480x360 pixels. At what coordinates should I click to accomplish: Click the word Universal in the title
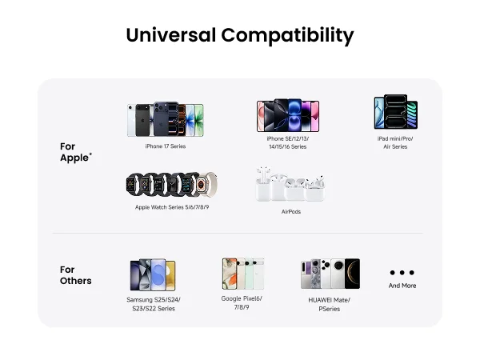click(171, 35)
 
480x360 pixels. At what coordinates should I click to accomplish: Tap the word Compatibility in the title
click(287, 36)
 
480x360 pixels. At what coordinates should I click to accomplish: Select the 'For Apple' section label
click(76, 152)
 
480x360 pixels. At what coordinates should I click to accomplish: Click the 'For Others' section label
click(76, 275)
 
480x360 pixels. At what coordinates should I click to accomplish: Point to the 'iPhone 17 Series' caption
click(166, 146)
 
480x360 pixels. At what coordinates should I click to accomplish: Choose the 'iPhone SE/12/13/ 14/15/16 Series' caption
click(288, 142)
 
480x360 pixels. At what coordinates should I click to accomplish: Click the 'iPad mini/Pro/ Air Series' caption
click(395, 142)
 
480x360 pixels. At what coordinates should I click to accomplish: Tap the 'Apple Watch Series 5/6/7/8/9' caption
click(172, 207)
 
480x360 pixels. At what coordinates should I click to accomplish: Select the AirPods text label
click(291, 211)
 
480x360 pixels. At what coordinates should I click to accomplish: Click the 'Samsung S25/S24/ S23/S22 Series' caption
click(154, 304)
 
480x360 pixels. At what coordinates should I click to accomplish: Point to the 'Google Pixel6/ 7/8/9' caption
click(242, 302)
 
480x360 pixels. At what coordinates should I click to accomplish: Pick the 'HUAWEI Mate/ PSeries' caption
click(330, 304)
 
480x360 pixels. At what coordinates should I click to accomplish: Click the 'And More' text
click(402, 286)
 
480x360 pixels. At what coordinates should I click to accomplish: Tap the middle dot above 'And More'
click(402, 273)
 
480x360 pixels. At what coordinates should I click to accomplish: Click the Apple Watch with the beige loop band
click(206, 185)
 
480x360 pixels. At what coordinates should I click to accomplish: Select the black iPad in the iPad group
click(395, 111)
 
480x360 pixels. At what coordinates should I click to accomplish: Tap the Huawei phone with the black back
click(352, 274)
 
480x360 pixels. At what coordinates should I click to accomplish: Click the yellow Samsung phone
click(170, 275)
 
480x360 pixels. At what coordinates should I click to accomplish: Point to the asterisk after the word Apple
click(90, 154)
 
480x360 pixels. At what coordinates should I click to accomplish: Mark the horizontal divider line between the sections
click(238, 233)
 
